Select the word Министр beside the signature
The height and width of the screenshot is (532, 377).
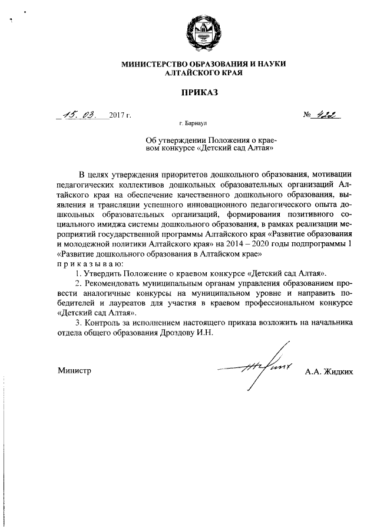point(74,371)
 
